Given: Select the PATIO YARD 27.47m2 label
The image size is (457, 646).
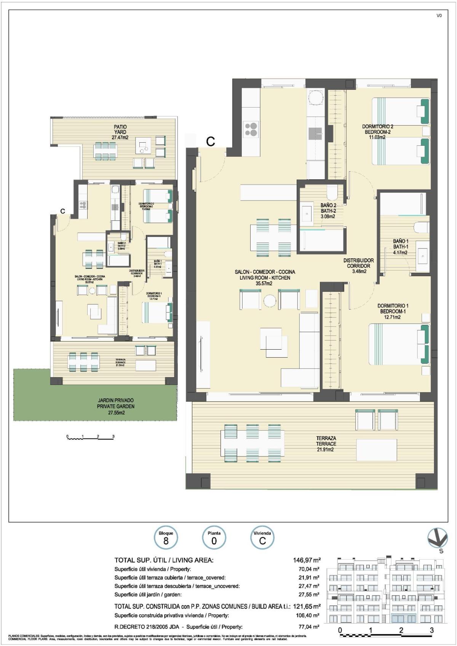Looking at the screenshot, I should [120, 132].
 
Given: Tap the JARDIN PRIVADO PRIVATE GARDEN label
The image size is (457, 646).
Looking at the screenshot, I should [115, 406].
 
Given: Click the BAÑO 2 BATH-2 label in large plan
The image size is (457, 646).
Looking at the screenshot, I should [328, 211].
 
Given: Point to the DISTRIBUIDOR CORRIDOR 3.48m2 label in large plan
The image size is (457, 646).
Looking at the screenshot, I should [358, 266].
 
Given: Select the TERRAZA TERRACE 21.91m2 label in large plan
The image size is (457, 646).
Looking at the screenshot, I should [326, 444].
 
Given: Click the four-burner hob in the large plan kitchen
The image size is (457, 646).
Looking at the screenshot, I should [251, 129].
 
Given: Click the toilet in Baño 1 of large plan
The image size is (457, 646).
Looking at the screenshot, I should [421, 228].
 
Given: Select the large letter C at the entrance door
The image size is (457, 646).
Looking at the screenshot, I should [210, 142].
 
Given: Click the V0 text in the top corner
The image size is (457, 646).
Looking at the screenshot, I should [439, 16].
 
